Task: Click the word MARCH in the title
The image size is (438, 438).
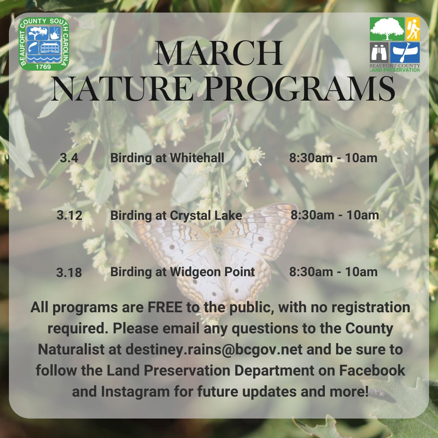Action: [x=219, y=54]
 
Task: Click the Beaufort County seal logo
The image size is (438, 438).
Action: [x=45, y=44]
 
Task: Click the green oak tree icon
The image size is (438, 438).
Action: [x=387, y=29]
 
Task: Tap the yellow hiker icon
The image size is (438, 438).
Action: [x=413, y=29]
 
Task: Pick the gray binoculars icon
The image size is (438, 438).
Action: [x=379, y=52]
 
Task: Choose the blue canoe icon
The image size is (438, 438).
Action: [x=405, y=52]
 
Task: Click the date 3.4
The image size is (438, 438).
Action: [x=69, y=158]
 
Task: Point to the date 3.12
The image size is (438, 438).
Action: [x=69, y=215]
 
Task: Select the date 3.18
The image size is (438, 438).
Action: [x=69, y=273]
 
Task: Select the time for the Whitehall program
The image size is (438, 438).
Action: [x=333, y=158]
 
